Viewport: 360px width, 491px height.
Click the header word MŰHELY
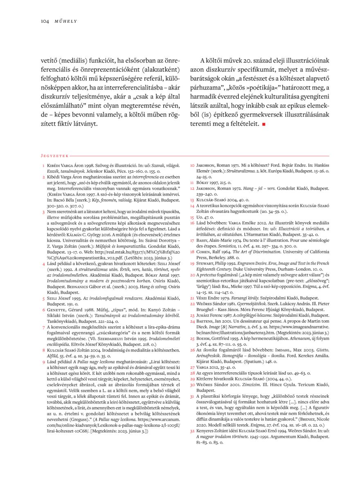tap(66, 21)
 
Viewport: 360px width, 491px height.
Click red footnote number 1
tap(43, 166)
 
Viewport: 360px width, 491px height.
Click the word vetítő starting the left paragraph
tap(51, 59)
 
